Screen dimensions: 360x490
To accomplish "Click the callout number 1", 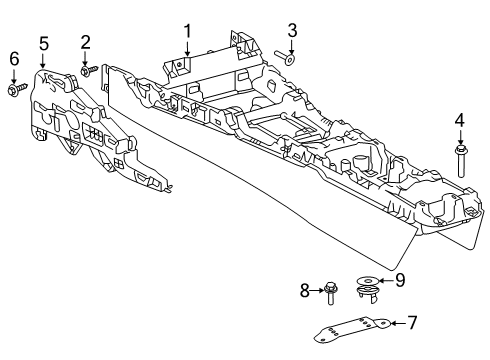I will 186,31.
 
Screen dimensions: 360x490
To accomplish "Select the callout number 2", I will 86,42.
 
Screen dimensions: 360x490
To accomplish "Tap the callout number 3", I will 292,28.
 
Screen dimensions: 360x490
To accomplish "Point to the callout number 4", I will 459,121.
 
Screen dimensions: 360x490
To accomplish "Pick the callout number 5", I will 44,42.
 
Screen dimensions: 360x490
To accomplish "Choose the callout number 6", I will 14,60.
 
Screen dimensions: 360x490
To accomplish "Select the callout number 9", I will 399,281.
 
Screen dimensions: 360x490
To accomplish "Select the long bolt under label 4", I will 460,159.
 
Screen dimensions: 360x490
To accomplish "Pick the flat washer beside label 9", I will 366,281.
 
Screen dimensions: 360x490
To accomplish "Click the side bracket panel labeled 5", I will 90,130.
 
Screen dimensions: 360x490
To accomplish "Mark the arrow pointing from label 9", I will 386,281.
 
